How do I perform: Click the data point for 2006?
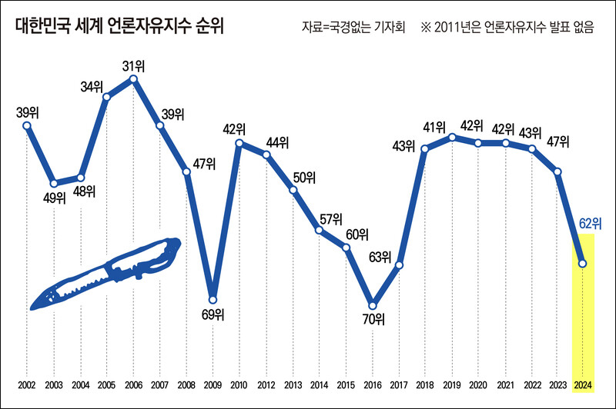click(133, 78)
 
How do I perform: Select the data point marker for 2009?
click(213, 300)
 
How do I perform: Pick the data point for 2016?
click(373, 304)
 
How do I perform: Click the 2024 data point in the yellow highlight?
click(583, 264)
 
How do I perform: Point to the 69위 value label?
click(213, 314)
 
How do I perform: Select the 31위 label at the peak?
click(134, 63)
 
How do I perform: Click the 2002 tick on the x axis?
click(27, 384)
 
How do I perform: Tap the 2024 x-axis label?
click(584, 384)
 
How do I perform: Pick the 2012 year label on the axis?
click(266, 384)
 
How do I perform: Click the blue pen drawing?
click(104, 274)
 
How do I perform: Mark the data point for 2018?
click(424, 148)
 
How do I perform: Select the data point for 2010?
click(240, 143)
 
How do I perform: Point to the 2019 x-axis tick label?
click(451, 384)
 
